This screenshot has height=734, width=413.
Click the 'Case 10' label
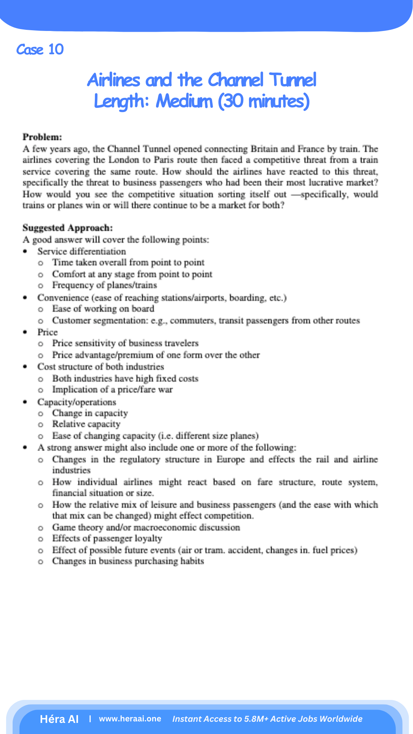[x=40, y=50]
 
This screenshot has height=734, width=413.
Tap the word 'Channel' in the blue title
[x=236, y=80]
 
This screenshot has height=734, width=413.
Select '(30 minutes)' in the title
[x=264, y=102]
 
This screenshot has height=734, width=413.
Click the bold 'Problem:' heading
[x=42, y=137]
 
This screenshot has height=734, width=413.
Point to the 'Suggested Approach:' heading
[x=68, y=228]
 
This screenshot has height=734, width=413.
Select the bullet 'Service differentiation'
[x=81, y=252]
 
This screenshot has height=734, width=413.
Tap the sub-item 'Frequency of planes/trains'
[x=104, y=285]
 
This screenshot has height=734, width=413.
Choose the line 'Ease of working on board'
[x=103, y=309]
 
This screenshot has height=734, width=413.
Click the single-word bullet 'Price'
[x=47, y=332]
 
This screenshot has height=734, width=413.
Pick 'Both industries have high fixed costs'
[x=125, y=378]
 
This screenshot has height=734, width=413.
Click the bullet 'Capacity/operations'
[x=76, y=402]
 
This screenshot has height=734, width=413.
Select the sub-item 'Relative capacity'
[x=86, y=424]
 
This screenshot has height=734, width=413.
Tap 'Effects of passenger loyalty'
[x=107, y=538]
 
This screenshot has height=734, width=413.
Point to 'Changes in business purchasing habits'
[x=128, y=561]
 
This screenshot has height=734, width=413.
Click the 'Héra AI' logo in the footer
[x=59, y=719]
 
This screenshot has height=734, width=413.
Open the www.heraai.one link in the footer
[x=130, y=719]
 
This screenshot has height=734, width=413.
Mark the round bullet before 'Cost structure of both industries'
[x=25, y=367]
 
